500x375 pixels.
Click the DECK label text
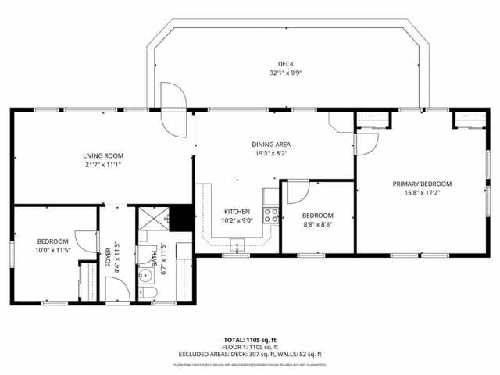[x=286, y=64]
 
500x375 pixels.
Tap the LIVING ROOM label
[x=103, y=155]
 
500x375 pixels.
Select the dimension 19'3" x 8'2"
[x=271, y=154]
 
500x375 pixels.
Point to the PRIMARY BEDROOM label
[x=422, y=184]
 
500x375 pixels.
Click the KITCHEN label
[x=237, y=211]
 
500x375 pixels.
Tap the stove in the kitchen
[x=272, y=214]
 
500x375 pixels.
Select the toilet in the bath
[x=152, y=293]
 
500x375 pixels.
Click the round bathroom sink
[x=145, y=275]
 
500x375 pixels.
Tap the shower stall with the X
[x=155, y=219]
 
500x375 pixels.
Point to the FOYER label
[x=109, y=258]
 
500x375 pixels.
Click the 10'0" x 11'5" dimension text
[x=53, y=251]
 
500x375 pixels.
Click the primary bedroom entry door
[x=366, y=143]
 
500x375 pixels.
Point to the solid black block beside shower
[x=182, y=217]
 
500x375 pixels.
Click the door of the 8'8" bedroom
[x=298, y=191]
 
